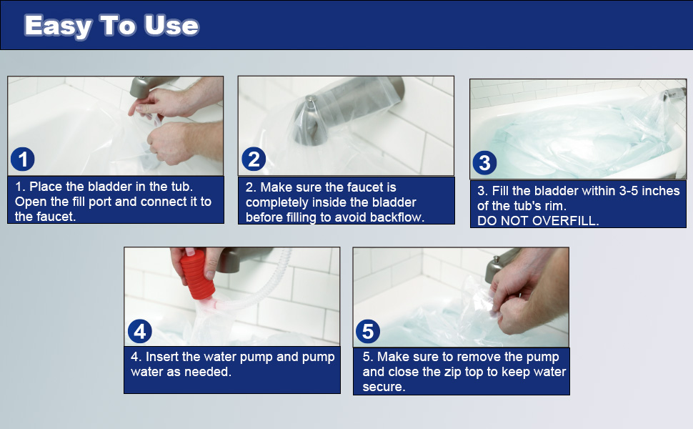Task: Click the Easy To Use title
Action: (111, 26)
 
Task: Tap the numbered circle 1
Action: (24, 159)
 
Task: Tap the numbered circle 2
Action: (254, 159)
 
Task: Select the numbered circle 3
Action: (485, 163)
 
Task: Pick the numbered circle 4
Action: (140, 331)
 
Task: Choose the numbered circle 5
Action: (369, 331)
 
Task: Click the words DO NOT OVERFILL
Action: (538, 221)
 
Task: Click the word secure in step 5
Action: (384, 387)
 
